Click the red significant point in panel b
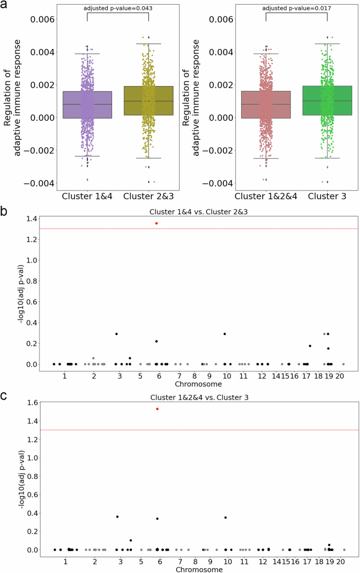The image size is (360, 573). tap(157, 223)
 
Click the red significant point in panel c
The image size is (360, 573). tap(157, 409)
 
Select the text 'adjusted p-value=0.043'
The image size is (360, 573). tap(118, 8)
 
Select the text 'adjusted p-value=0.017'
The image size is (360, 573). tap(296, 8)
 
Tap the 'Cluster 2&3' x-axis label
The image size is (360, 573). tap(148, 196)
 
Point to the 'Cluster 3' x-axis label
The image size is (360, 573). tap(327, 196)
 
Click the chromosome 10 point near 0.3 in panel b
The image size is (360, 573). tap(225, 334)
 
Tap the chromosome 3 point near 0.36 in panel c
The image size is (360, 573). tap(117, 517)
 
